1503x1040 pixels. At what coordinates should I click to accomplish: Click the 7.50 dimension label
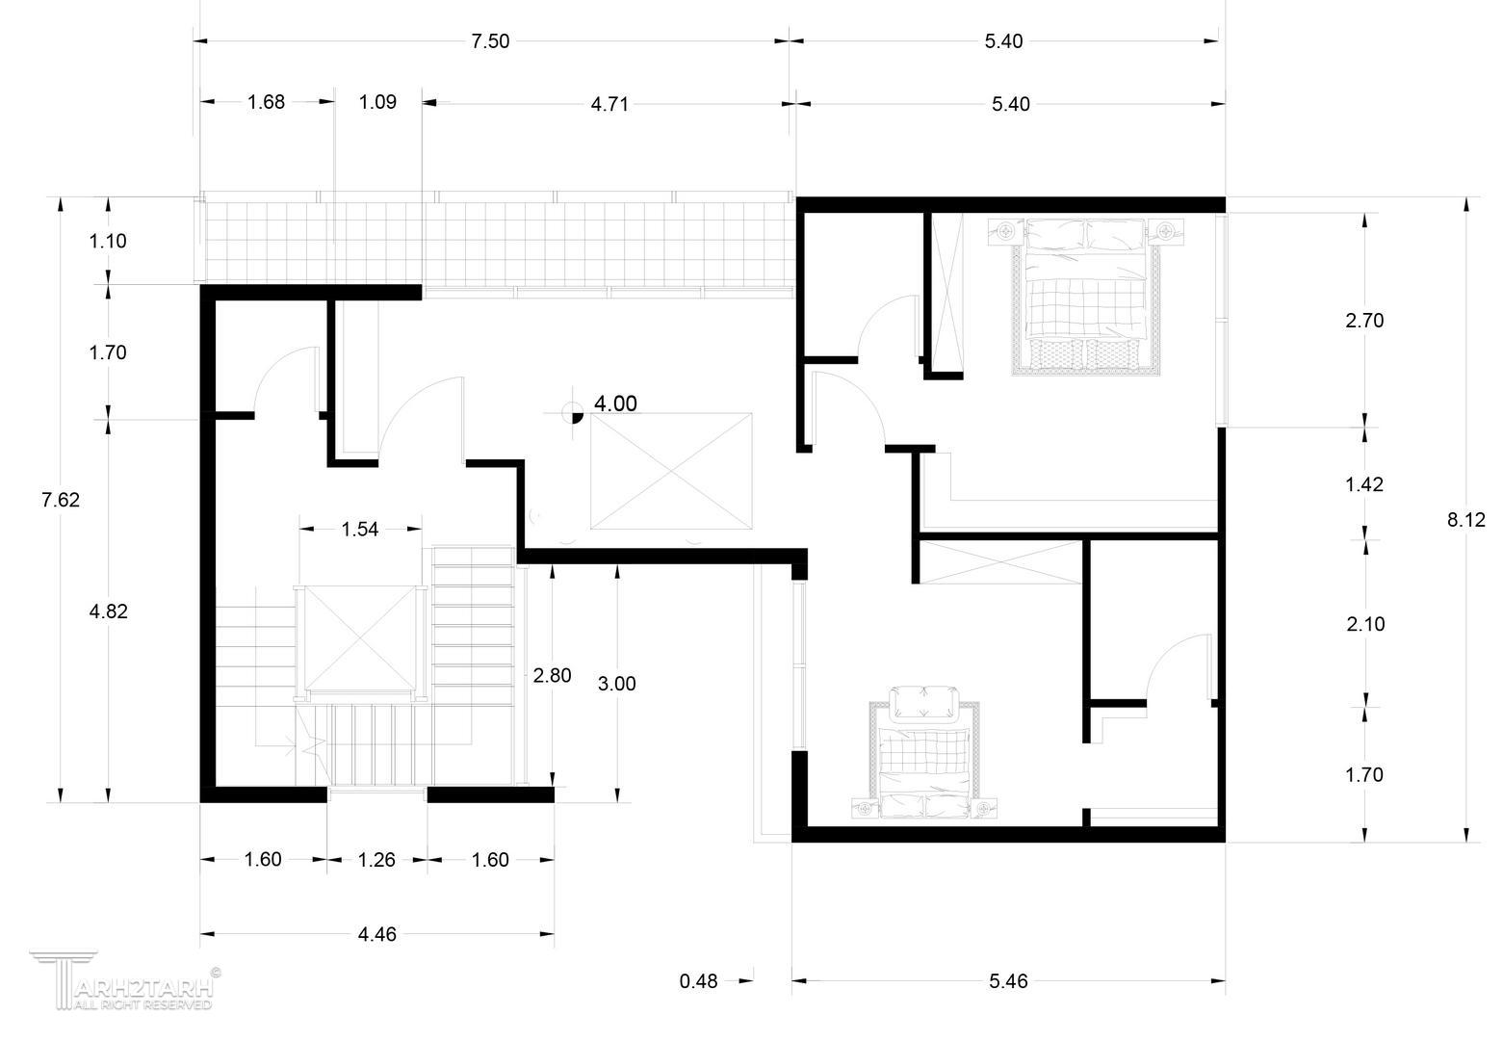tap(490, 41)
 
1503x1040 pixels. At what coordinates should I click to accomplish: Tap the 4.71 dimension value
tap(609, 105)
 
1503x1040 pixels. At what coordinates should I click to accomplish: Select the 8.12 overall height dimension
tap(1466, 520)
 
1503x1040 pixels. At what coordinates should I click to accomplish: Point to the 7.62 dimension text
tap(61, 500)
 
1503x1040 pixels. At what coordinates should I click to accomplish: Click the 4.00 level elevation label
tap(615, 403)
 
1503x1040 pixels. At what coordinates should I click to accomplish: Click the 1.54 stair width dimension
tap(360, 530)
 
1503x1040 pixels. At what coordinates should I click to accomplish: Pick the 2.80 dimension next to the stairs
tap(553, 676)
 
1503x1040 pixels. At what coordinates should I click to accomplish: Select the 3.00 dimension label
tap(616, 684)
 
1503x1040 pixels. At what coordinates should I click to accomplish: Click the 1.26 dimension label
tap(376, 860)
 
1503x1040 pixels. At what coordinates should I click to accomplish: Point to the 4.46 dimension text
tap(377, 935)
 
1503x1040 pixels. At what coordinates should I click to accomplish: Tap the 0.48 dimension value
tap(698, 981)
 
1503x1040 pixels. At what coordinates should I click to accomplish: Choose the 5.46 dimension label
tap(1008, 981)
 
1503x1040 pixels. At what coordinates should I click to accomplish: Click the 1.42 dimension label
tap(1364, 484)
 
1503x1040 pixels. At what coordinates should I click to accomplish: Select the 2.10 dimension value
tap(1365, 625)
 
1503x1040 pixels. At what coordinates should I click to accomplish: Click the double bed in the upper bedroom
tap(1086, 296)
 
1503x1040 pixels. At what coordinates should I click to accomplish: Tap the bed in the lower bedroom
tap(924, 753)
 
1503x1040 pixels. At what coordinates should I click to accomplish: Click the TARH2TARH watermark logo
tap(125, 980)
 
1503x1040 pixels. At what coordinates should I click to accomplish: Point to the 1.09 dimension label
tap(377, 102)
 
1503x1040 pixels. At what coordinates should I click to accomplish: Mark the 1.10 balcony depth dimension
tap(108, 241)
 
